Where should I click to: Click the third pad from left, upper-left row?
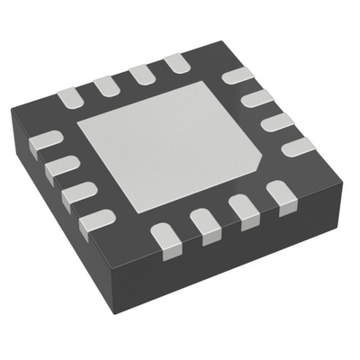click(x=139, y=74)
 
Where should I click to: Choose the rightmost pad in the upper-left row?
click(x=175, y=64)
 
